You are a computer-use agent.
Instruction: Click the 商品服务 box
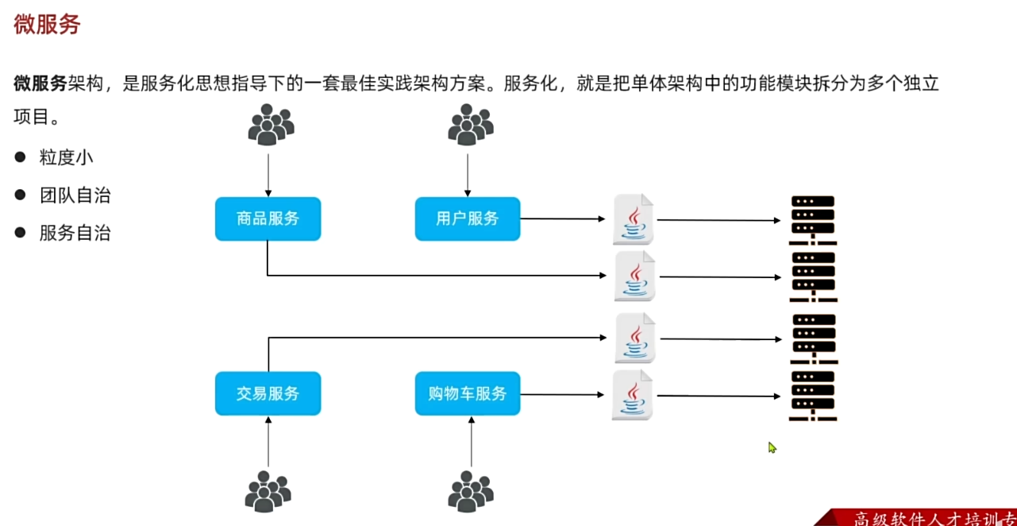pyautogui.click(x=268, y=219)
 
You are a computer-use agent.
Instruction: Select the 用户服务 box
pyautogui.click(x=467, y=219)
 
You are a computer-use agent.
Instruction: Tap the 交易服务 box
pyautogui.click(x=268, y=393)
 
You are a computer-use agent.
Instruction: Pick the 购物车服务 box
pyautogui.click(x=467, y=393)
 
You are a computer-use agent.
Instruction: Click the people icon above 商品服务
pyautogui.click(x=270, y=124)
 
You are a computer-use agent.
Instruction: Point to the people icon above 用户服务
pyautogui.click(x=470, y=124)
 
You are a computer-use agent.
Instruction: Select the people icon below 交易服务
pyautogui.click(x=268, y=491)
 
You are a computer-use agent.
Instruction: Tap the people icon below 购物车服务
pyautogui.click(x=470, y=491)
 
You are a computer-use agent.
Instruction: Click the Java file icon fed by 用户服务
pyautogui.click(x=634, y=219)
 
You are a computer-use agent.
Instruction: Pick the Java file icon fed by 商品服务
pyautogui.click(x=634, y=276)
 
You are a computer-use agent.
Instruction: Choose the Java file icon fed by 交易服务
pyautogui.click(x=635, y=338)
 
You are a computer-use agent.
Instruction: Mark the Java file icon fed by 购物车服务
pyautogui.click(x=633, y=395)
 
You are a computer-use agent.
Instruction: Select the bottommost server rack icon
pyautogui.click(x=813, y=396)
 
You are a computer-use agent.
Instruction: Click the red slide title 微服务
pyautogui.click(x=47, y=25)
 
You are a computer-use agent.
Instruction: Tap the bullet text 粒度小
pyautogui.click(x=67, y=157)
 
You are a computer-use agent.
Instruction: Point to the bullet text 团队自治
pyautogui.click(x=75, y=195)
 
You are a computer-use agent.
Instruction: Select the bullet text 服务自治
pyautogui.click(x=75, y=234)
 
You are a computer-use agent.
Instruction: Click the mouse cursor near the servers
pyautogui.click(x=772, y=447)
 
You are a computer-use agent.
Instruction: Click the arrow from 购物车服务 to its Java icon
pyautogui.click(x=560, y=393)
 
